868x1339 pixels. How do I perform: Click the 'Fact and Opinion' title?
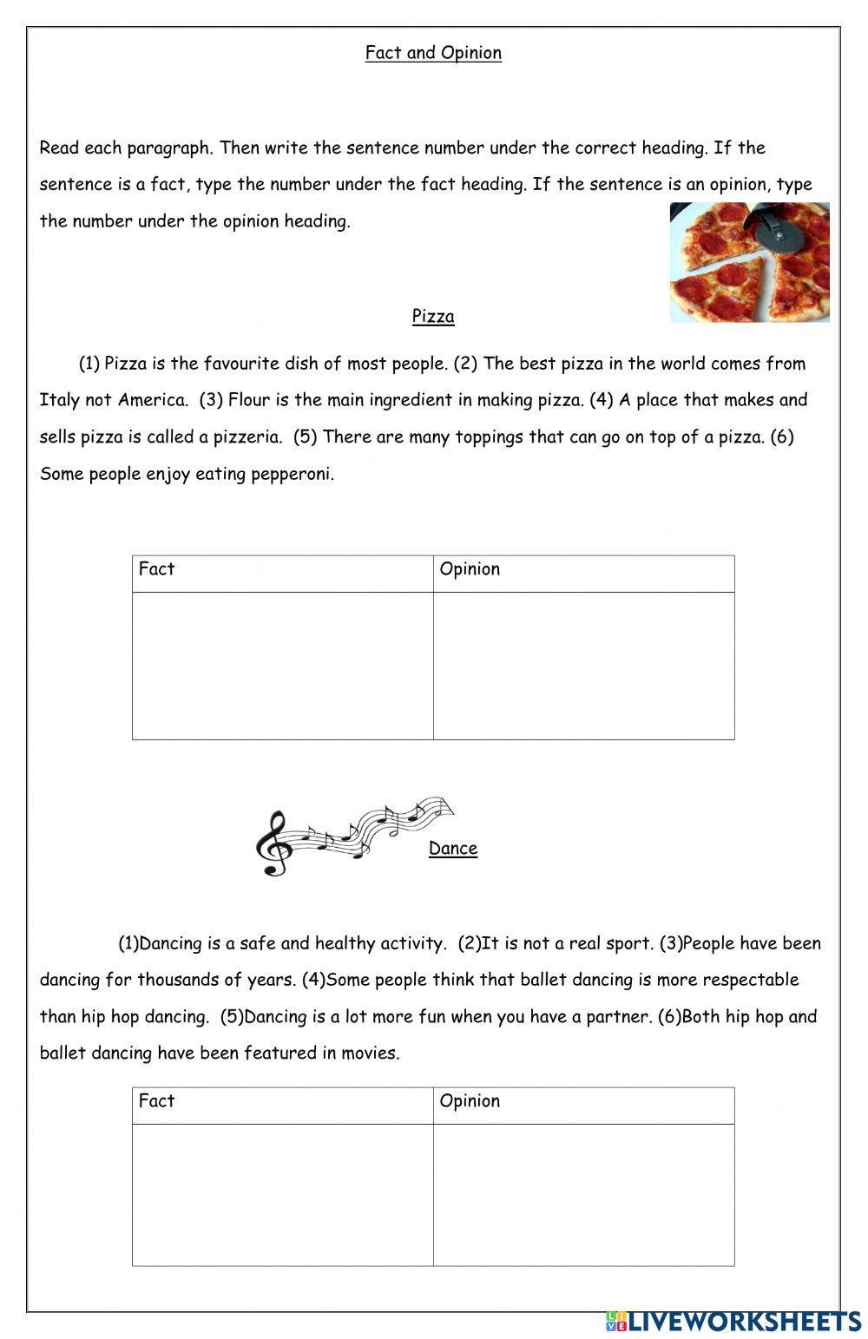click(x=433, y=53)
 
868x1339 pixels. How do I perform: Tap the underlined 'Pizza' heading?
click(x=433, y=317)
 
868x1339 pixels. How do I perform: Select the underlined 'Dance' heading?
click(x=452, y=849)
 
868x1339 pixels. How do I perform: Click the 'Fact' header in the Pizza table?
click(x=157, y=569)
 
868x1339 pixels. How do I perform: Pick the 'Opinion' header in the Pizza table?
click(x=470, y=569)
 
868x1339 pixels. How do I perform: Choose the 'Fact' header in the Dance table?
click(x=157, y=1101)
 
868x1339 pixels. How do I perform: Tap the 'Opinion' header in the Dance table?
click(x=470, y=1101)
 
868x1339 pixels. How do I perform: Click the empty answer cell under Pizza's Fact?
click(x=282, y=666)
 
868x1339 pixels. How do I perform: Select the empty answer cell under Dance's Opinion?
click(x=583, y=1194)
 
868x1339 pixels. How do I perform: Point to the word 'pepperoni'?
click(x=293, y=475)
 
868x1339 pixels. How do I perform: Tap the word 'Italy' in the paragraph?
click(x=60, y=401)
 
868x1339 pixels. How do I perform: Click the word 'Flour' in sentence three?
click(x=249, y=401)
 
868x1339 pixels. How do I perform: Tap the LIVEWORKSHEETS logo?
click(x=733, y=1321)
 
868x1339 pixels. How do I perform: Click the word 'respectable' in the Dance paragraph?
click(x=750, y=981)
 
